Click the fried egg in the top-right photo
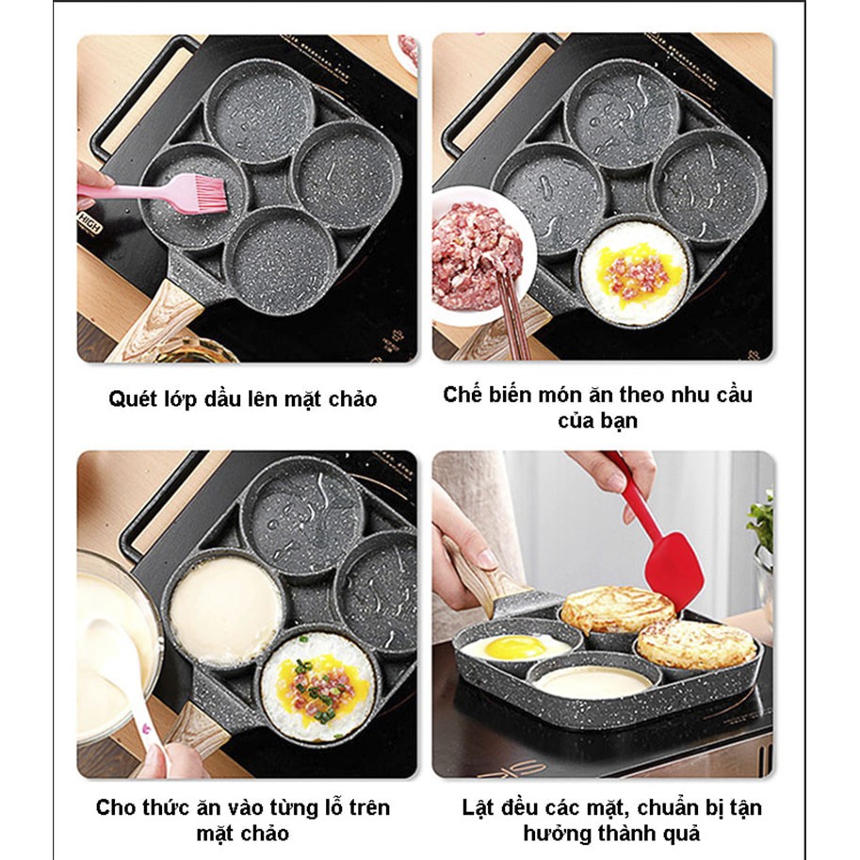[x=631, y=272]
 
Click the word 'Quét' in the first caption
[x=132, y=399]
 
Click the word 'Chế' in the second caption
[x=462, y=395]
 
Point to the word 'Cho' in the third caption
[x=114, y=808]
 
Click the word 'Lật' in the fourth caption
[x=478, y=808]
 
